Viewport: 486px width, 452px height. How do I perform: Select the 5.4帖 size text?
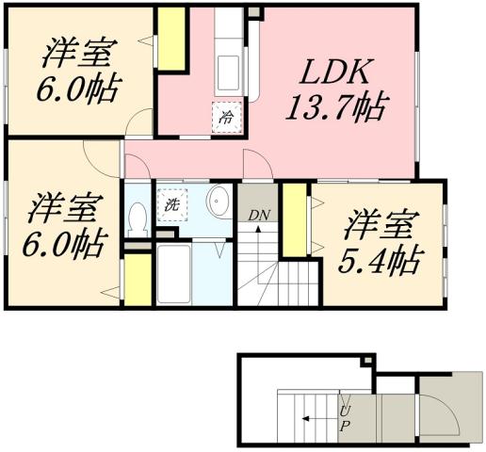[x=382, y=257]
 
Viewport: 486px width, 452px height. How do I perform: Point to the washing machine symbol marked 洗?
[x=171, y=204]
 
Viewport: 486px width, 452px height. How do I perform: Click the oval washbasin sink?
[x=219, y=201]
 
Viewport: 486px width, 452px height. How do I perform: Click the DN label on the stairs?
[x=259, y=216]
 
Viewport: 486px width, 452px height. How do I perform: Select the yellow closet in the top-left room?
[x=170, y=40]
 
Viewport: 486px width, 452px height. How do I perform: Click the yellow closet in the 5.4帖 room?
[x=294, y=219]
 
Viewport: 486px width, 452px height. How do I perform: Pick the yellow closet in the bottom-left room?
[x=138, y=280]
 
